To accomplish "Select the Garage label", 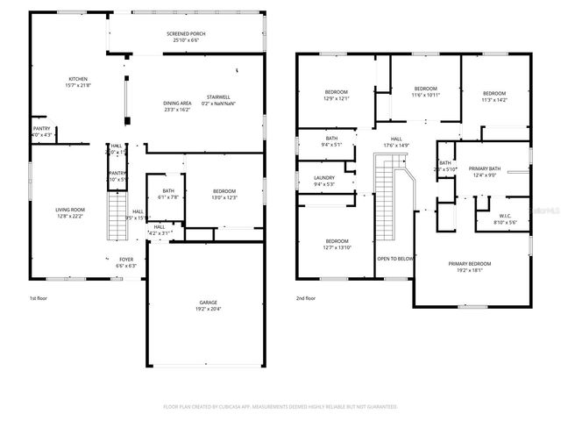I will [208, 306].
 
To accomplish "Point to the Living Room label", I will [70, 211].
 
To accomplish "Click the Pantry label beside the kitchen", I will [41, 132].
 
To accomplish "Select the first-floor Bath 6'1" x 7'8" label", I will [167, 194].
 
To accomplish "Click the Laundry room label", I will [324, 181].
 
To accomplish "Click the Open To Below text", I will [394, 259].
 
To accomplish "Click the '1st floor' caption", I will [39, 298].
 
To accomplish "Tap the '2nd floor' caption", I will [306, 298].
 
